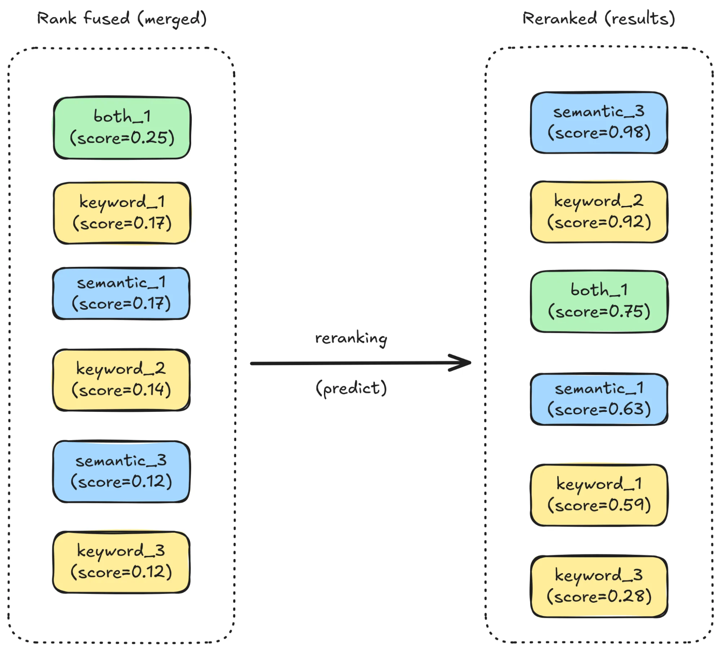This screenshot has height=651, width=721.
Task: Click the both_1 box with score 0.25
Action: click(122, 128)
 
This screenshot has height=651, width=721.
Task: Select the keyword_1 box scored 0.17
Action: click(122, 213)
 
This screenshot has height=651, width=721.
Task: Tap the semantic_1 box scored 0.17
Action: click(121, 294)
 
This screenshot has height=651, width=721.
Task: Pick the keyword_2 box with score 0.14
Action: click(121, 380)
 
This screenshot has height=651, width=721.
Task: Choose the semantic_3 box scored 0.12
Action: click(121, 471)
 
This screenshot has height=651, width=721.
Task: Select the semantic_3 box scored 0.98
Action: click(599, 123)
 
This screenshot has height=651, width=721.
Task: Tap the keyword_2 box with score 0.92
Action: click(599, 212)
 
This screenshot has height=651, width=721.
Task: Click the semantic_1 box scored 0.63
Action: click(599, 399)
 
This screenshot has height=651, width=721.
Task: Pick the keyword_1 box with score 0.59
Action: click(599, 495)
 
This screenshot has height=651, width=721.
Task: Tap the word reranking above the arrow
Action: click(351, 338)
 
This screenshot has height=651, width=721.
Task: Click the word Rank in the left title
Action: click(57, 18)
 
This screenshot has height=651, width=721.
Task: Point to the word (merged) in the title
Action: click(172, 19)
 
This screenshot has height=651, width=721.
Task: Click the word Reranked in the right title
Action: click(559, 18)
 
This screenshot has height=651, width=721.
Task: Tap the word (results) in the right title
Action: click(639, 18)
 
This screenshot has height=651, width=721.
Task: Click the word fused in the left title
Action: click(106, 18)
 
